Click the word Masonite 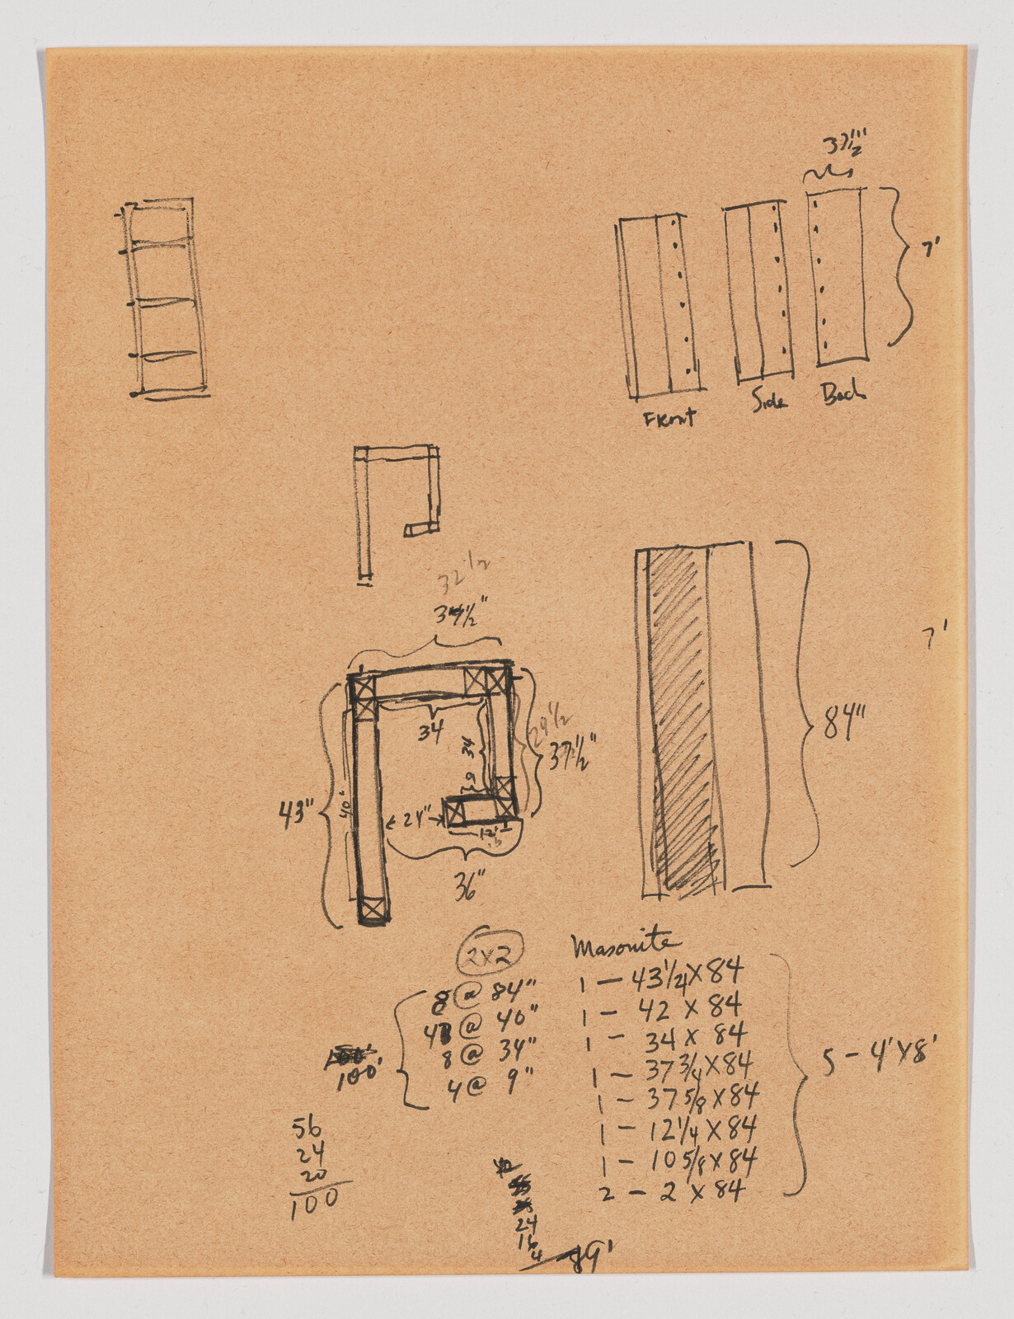(627, 946)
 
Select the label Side (769, 400)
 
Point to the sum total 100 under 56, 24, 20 (315, 1202)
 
